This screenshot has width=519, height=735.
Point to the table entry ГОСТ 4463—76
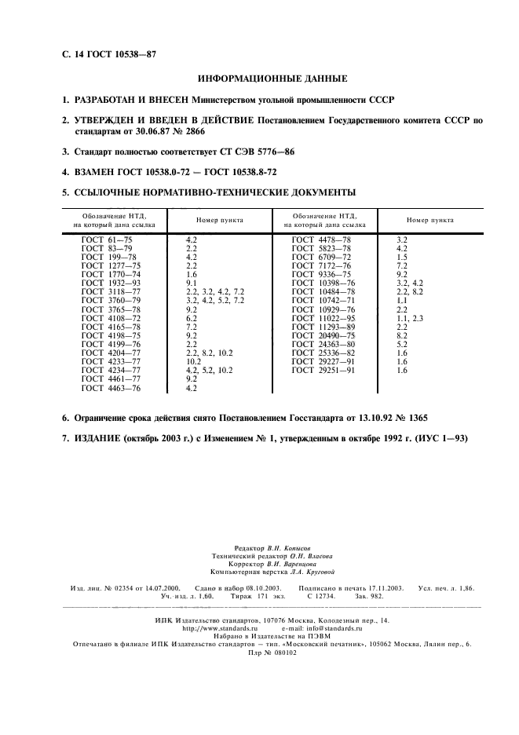pyautogui.click(x=111, y=388)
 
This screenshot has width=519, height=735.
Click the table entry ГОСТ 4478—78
pyautogui.click(x=321, y=238)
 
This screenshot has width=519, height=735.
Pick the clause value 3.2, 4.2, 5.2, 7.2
pyautogui.click(x=215, y=300)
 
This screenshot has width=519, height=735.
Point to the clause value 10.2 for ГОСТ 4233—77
pyautogui.click(x=193, y=361)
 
